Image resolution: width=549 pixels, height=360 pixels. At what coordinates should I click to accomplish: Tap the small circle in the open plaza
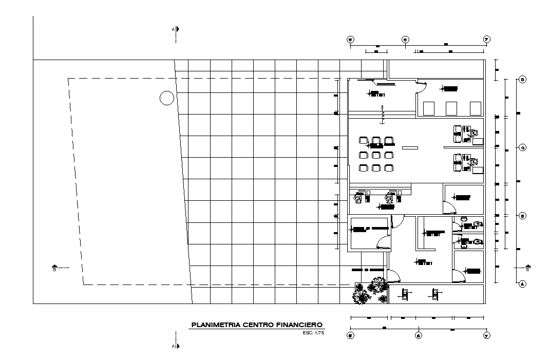(167, 98)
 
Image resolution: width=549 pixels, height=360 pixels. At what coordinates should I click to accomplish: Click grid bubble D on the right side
(522, 80)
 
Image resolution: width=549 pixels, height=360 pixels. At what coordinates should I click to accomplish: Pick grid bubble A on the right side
(522, 283)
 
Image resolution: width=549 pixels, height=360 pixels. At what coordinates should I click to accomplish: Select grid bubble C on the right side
(522, 148)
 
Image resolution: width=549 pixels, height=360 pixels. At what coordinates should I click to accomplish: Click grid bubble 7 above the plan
(486, 40)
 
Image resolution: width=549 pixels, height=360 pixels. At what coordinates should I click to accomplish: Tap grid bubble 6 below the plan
(419, 336)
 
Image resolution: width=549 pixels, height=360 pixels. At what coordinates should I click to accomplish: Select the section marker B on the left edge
(55, 268)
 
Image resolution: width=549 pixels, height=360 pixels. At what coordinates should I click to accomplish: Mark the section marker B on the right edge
(527, 268)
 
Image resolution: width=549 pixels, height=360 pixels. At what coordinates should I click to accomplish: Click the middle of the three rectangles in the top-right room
(451, 108)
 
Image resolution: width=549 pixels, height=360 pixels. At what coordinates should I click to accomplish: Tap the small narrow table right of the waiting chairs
(410, 148)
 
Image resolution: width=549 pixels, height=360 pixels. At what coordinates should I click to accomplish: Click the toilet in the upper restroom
(477, 224)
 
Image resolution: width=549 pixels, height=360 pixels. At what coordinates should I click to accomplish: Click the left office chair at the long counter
(359, 197)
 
